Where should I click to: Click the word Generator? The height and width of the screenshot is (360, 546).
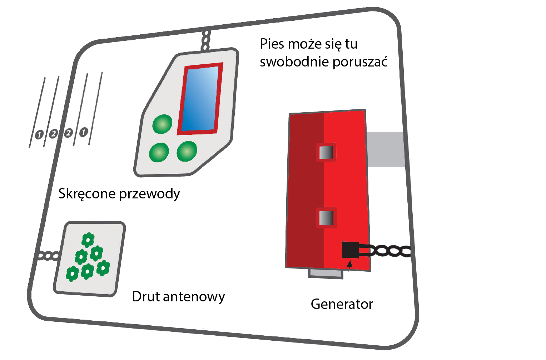tap(342, 304)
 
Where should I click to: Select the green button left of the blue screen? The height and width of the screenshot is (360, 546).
tap(163, 124)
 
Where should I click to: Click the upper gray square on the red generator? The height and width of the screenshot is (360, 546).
tap(326, 152)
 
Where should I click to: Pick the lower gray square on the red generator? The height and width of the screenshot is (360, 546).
tap(326, 218)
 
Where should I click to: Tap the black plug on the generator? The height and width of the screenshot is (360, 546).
tap(350, 250)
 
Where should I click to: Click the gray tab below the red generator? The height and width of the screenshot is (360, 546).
tap(326, 273)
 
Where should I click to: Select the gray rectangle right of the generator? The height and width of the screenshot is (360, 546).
tap(385, 149)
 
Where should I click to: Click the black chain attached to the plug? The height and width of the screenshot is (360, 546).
tap(389, 251)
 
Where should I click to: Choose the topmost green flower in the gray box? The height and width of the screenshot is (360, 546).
tap(88, 240)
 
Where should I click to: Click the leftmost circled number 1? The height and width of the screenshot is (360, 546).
tap(39, 134)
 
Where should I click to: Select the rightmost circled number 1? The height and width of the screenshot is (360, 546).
tap(83, 132)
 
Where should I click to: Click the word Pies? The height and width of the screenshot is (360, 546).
tap(272, 44)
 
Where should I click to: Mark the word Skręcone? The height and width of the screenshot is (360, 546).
tap(86, 194)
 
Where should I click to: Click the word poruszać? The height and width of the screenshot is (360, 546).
tap(360, 62)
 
